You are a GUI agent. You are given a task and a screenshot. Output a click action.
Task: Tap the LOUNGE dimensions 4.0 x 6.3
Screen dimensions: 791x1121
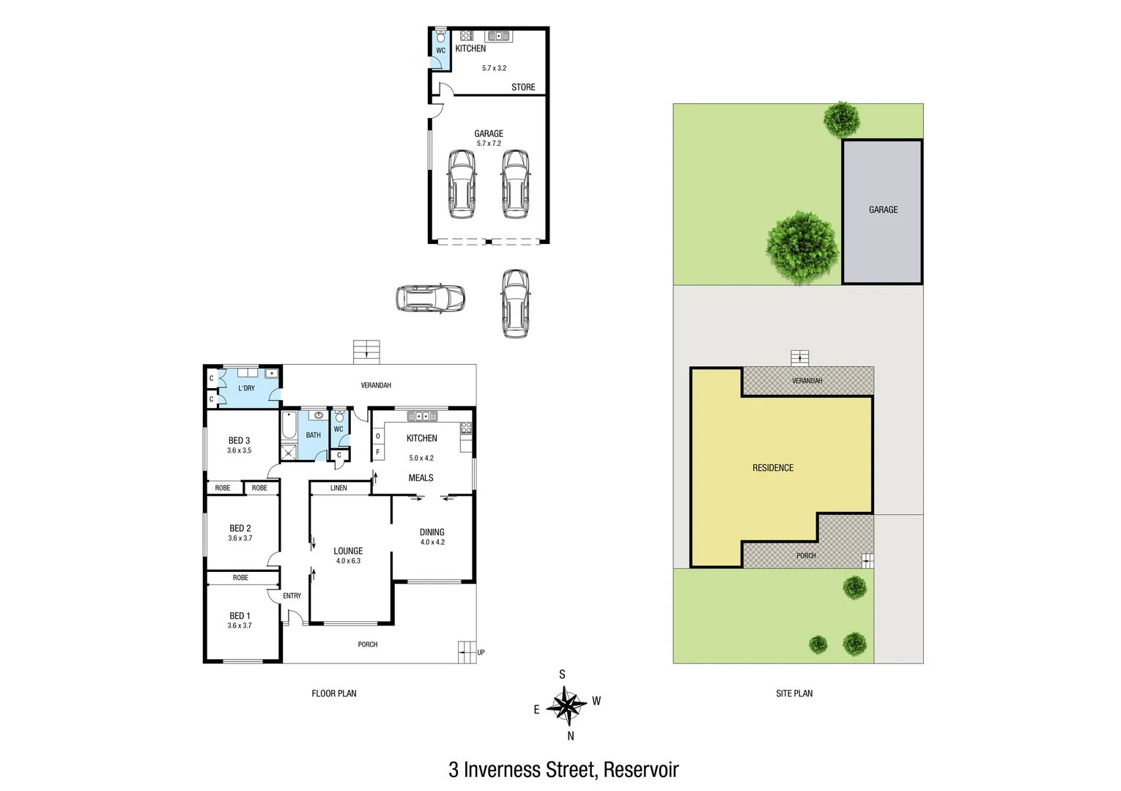coord(348,561)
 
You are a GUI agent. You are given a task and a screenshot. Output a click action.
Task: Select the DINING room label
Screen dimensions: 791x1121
coord(432,532)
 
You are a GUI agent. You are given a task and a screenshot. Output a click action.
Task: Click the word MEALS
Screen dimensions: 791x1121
coord(421,478)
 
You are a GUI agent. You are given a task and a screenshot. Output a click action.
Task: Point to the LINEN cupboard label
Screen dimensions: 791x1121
coord(338,488)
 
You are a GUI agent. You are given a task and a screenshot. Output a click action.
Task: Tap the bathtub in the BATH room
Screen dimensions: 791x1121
coord(289,426)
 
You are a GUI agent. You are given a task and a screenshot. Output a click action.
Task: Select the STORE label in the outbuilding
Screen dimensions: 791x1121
coord(523,87)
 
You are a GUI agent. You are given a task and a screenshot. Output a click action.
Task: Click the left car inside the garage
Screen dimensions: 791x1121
coord(462,184)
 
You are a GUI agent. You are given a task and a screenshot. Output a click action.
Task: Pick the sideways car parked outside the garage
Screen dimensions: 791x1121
coord(430,298)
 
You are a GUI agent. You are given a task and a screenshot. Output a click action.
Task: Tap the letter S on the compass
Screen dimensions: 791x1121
coord(562,675)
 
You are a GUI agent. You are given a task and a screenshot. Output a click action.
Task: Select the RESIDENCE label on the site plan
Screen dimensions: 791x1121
coord(773,468)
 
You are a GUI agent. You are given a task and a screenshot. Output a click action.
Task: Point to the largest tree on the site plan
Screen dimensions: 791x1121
coord(802,248)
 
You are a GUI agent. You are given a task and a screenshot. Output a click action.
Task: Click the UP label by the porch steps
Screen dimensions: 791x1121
coord(481,653)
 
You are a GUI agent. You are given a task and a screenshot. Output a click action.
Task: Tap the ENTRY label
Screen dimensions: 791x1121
coord(292,596)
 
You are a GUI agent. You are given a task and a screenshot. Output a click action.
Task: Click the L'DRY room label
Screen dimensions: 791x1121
coord(246,388)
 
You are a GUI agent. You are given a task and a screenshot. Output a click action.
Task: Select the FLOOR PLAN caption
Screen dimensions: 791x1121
coord(334,694)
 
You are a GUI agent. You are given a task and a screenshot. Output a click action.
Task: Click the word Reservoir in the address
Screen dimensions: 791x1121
coord(641,770)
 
